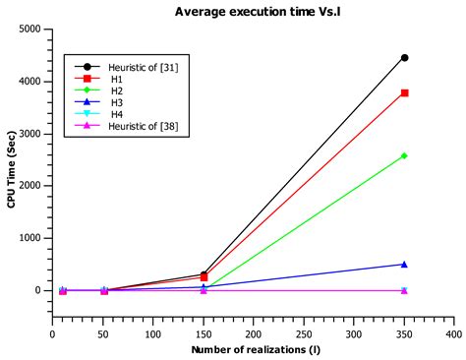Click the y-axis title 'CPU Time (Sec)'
click(x=11, y=173)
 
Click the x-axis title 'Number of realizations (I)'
click(x=254, y=350)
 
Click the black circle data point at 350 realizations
click(x=404, y=58)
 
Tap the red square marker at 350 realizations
click(x=404, y=93)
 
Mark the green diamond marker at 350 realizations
click(x=404, y=155)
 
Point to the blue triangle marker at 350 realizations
click(x=404, y=264)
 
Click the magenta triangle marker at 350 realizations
click(x=404, y=290)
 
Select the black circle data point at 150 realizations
click(x=204, y=274)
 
